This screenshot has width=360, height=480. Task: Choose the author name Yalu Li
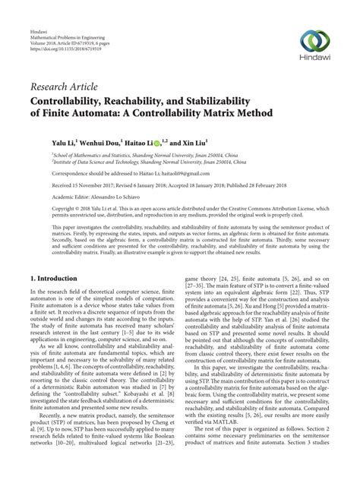[64, 141]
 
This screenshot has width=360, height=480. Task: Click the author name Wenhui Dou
[102, 141]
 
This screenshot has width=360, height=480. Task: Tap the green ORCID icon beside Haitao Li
[156, 142]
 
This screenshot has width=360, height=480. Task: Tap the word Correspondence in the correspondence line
[71, 172]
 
